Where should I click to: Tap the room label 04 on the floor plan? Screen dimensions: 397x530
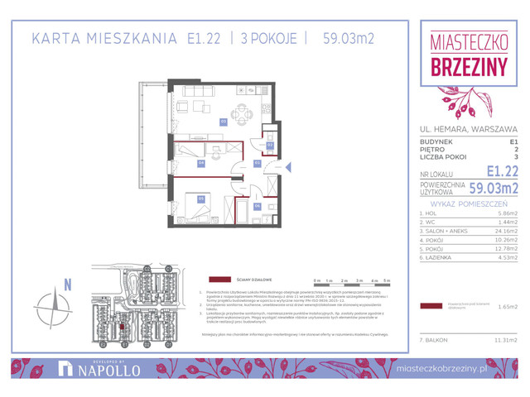201,163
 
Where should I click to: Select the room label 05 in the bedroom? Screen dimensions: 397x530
201,198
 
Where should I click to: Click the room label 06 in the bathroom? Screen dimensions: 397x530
258,206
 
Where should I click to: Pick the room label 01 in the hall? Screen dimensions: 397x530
258,163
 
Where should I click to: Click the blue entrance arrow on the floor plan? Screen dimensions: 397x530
289,168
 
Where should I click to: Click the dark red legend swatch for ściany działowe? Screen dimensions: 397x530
220,279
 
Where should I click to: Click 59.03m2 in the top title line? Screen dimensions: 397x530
349,38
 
